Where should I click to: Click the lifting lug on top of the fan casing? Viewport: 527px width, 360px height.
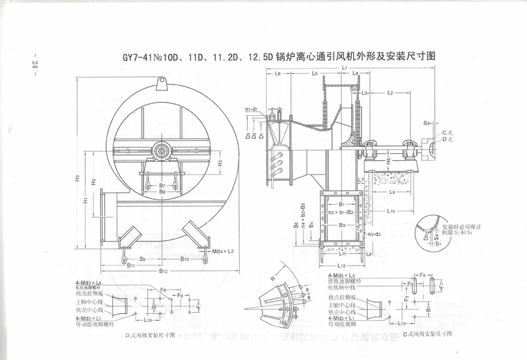click(162, 83)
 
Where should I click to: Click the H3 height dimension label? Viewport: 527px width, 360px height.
click(77, 178)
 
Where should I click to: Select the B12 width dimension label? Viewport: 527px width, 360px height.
click(164, 271)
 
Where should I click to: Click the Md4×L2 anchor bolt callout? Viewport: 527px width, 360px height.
click(223, 251)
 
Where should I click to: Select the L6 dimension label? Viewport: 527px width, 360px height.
click(277, 74)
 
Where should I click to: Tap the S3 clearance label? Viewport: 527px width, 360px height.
click(427, 122)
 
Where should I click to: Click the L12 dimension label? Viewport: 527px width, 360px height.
click(341, 266)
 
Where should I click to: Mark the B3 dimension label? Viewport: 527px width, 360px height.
click(342, 225)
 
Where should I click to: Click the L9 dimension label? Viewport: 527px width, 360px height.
click(393, 193)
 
